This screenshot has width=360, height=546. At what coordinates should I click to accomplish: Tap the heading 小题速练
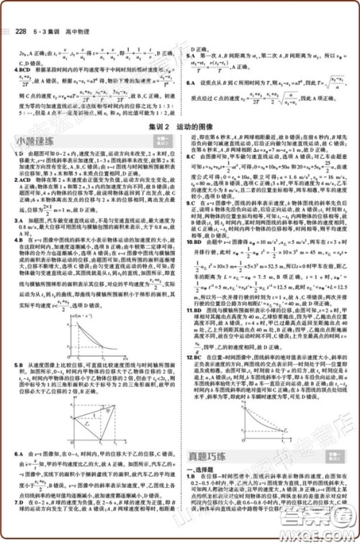pos(34,142)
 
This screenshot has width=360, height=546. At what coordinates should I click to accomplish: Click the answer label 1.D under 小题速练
pos(17,154)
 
